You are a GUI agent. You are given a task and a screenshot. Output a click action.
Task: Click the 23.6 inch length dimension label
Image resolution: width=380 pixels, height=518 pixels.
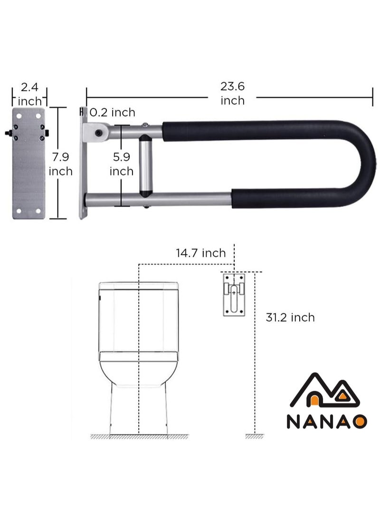click(x=232, y=94)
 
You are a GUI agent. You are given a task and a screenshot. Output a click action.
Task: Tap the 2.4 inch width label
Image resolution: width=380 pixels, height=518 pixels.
click(x=29, y=94)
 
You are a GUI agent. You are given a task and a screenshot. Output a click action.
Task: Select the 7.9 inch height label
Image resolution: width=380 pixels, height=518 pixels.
click(x=60, y=164)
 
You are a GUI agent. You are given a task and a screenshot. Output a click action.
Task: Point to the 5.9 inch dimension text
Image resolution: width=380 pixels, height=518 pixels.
click(x=121, y=164)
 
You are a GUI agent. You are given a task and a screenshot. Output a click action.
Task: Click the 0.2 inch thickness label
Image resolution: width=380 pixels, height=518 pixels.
click(x=113, y=113)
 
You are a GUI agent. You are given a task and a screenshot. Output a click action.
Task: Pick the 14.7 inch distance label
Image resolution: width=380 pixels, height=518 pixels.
click(x=200, y=253)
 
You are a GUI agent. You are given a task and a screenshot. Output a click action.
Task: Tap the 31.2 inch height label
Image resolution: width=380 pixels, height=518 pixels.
click(x=290, y=317)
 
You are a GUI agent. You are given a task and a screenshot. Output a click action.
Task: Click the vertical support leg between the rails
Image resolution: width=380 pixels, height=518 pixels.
click(x=145, y=165)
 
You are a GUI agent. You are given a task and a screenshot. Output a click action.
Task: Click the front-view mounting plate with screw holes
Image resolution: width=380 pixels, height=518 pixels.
click(x=28, y=164)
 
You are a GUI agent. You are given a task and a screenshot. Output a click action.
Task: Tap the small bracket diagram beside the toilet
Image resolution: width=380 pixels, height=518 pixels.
click(x=234, y=294)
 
